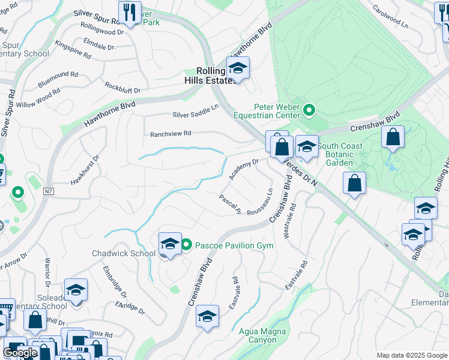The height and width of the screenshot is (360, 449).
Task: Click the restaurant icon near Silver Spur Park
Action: click(x=129, y=11)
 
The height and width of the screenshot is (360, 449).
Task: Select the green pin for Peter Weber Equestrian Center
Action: click(x=309, y=109)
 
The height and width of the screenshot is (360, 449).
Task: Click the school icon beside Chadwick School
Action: click(x=170, y=244)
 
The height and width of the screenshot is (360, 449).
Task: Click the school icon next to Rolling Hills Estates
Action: click(x=238, y=68)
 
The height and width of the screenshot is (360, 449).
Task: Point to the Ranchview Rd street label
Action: click(x=170, y=133)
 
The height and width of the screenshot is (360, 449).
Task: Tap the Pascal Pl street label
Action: click(x=230, y=205)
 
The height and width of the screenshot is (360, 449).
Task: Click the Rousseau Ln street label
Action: click(x=262, y=203)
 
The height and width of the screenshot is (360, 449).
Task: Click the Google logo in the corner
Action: click(x=20, y=353)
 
